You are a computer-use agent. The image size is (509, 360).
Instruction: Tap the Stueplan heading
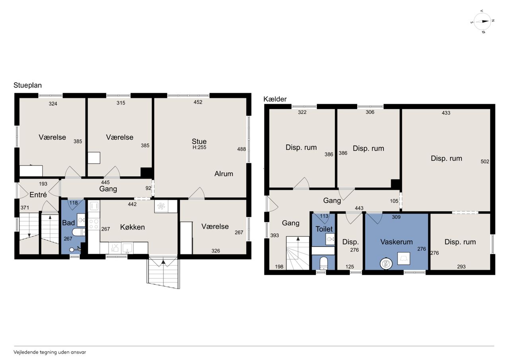click(27, 86)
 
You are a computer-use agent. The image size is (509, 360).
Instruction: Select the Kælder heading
click(275, 99)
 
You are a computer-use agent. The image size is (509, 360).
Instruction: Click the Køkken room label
click(132, 227)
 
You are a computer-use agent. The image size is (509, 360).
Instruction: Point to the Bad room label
click(68, 223)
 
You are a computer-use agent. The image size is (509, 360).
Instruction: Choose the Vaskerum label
click(396, 242)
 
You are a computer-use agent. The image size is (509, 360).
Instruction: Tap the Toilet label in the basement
click(324, 229)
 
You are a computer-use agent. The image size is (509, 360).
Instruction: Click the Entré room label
click(38, 195)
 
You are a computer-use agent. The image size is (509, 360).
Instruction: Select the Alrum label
click(223, 174)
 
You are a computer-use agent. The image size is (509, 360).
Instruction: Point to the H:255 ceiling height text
click(199, 147)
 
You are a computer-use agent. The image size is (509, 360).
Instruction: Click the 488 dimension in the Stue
click(241, 149)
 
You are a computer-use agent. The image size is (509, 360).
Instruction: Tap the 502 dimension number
click(485, 162)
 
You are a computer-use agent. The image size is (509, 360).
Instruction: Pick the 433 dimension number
click(446, 113)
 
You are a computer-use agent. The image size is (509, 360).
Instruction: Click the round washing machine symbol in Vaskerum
click(386, 264)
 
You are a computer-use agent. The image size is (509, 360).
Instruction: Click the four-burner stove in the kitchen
click(94, 224)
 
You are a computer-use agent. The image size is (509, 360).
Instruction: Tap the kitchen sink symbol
click(127, 248)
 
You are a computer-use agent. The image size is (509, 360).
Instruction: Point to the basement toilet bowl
click(323, 264)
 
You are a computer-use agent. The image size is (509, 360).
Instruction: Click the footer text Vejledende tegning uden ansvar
click(50, 352)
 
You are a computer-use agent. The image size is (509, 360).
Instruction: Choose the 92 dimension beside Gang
click(148, 188)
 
